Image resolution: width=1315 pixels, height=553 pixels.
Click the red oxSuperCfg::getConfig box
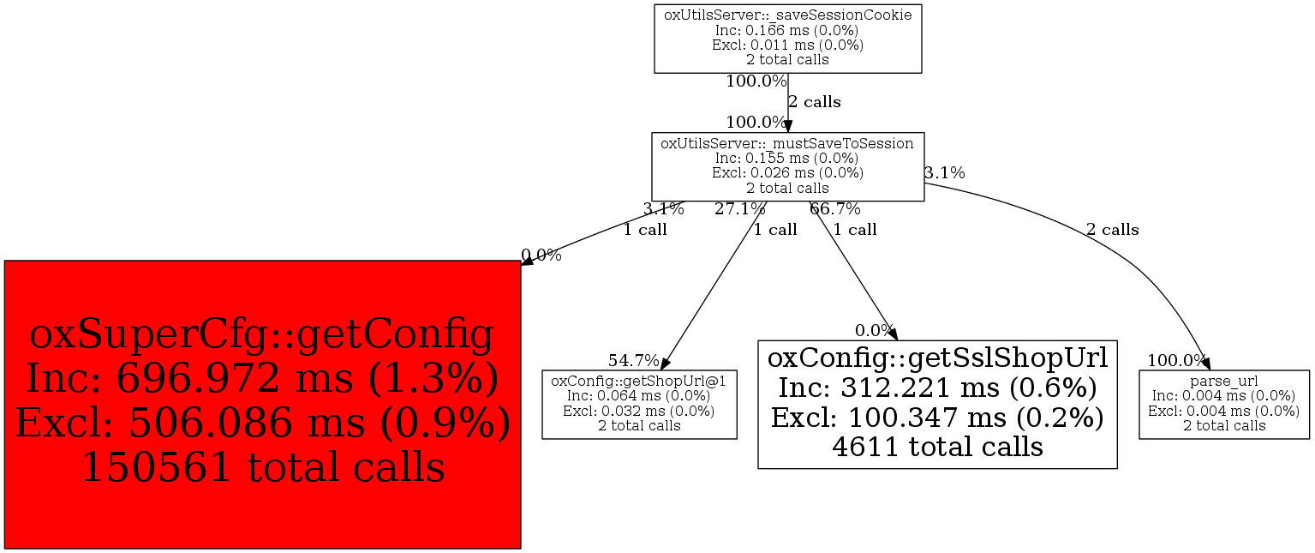pos(262,404)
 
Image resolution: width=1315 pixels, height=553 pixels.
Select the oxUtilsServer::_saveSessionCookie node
pos(787,39)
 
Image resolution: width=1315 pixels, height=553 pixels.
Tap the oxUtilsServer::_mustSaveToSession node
pos(787,166)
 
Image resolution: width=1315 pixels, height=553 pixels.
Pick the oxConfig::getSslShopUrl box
pos(937,403)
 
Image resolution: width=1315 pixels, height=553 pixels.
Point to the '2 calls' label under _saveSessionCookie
pos(814,102)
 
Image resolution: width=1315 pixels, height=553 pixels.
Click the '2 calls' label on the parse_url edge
pos(1112,230)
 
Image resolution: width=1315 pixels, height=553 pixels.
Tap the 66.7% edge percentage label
pos(835,208)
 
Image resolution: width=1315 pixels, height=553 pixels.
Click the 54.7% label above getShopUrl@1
pos(634,360)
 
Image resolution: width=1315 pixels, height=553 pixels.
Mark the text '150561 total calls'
pos(262,467)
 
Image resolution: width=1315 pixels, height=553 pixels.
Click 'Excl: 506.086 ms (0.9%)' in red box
pos(262,424)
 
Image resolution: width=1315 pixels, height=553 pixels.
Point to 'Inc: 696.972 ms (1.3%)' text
pos(262,378)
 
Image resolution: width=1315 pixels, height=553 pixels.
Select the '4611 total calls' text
pos(937,447)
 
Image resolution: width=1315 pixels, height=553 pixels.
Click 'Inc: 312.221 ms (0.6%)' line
pos(937,388)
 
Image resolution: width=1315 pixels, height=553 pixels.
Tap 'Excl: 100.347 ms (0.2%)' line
pos(937,418)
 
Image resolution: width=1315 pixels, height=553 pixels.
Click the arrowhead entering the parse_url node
pos(1205,364)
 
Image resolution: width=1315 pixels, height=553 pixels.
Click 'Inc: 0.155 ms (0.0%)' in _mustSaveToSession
pos(786,159)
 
